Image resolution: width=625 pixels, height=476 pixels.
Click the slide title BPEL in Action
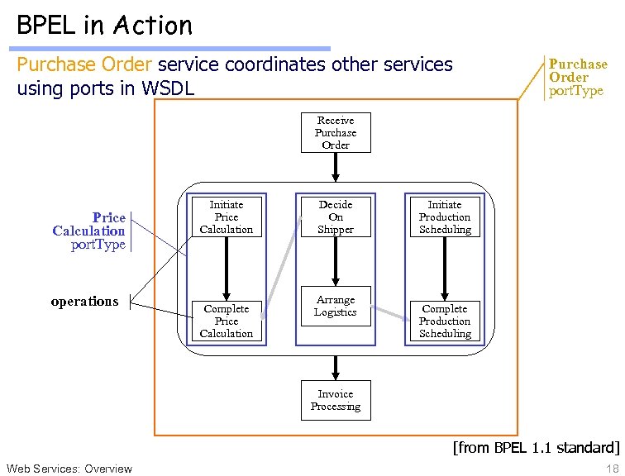tap(104, 25)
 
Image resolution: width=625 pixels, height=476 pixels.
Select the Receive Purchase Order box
tap(336, 133)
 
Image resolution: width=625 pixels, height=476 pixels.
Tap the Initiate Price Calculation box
tap(226, 217)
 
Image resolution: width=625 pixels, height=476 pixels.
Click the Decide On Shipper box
tap(336, 217)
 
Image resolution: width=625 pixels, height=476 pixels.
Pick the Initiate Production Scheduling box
tap(445, 217)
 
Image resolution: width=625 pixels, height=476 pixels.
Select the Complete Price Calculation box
tap(226, 321)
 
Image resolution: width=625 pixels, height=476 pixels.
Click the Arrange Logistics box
tap(336, 307)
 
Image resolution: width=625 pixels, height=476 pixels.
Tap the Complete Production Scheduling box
tap(445, 321)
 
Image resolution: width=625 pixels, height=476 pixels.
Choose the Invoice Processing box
tap(336, 400)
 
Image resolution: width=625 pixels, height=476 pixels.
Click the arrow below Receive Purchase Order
tap(336, 167)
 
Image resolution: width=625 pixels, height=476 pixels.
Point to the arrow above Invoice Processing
tap(336, 367)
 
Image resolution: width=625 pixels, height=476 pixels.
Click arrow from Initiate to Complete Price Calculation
tap(226, 269)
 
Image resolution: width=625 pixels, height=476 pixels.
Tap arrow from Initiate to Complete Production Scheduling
tap(445, 269)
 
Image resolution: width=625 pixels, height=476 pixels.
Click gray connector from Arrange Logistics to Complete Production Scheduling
tap(388, 315)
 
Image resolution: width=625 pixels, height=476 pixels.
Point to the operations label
tap(84, 301)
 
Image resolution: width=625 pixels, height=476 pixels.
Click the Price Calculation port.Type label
tap(89, 231)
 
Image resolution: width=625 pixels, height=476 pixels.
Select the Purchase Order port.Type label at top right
tap(577, 77)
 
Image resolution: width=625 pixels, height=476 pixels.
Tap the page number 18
tap(612, 469)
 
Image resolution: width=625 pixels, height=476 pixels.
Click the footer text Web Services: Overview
tap(69, 469)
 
